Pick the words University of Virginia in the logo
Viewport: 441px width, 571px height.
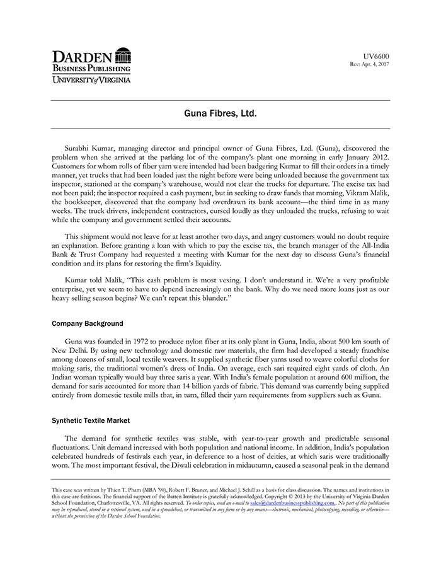[x=91, y=80]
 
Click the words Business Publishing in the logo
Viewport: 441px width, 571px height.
[x=91, y=69]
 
